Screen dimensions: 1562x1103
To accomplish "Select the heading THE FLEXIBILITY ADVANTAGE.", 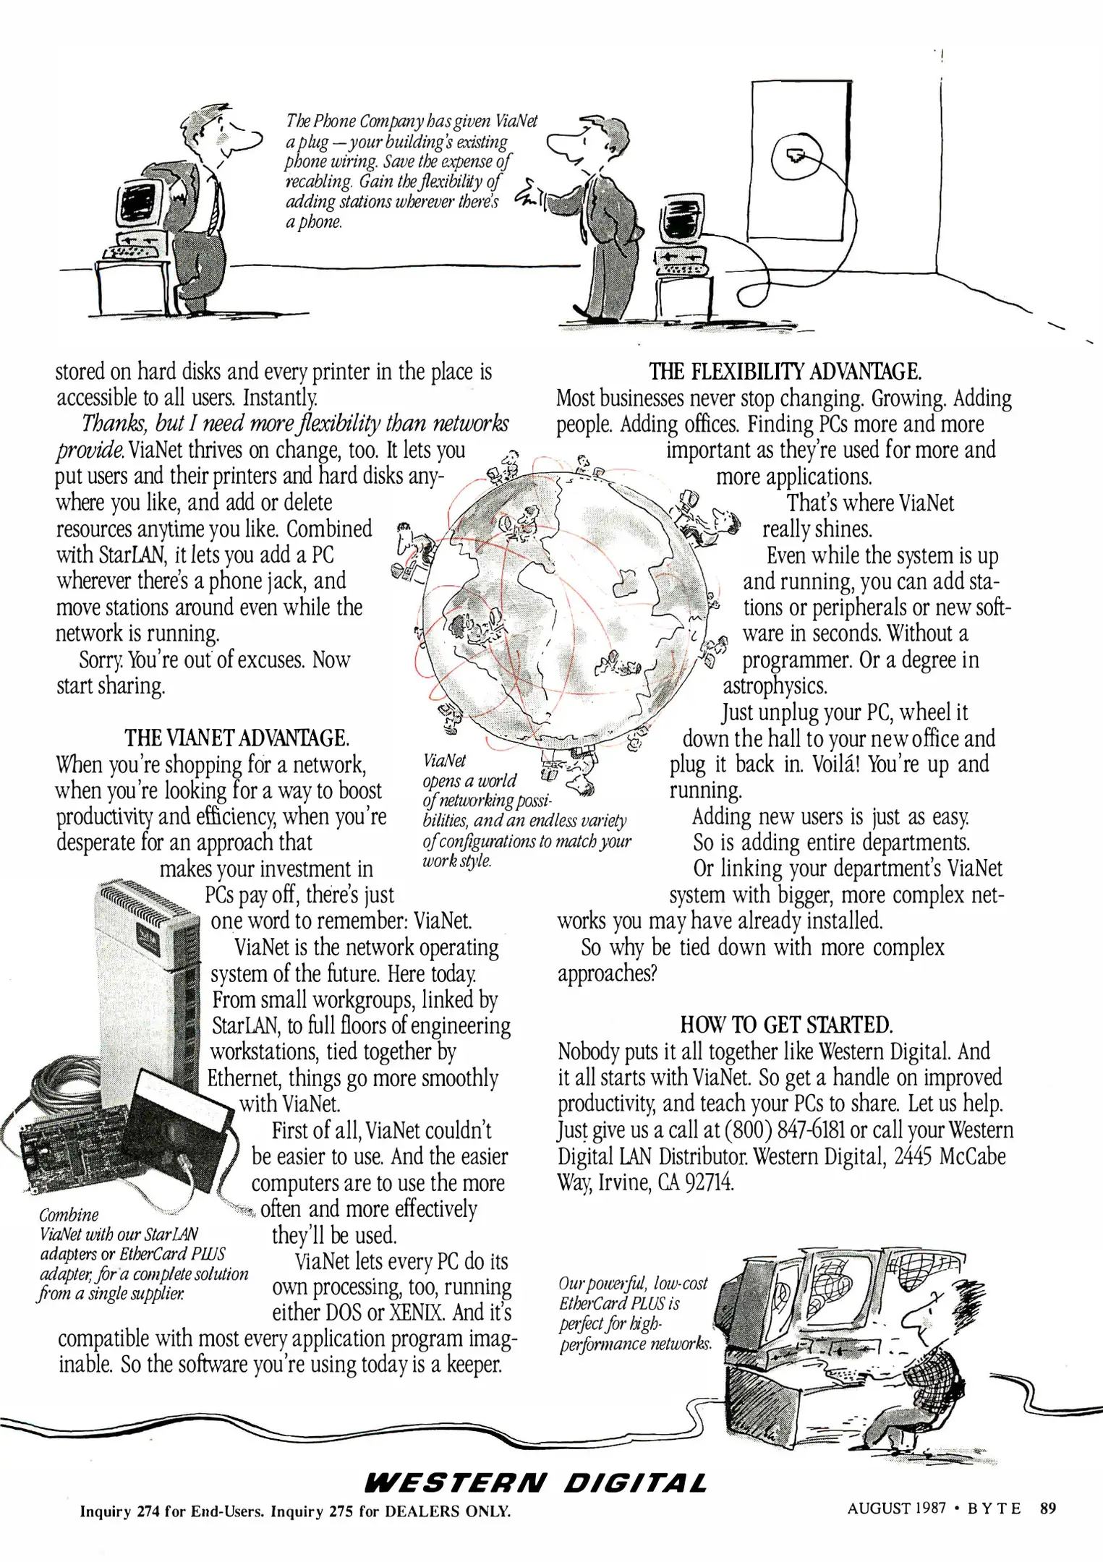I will click(x=785, y=372).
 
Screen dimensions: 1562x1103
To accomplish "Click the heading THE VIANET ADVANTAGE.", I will click(x=237, y=738).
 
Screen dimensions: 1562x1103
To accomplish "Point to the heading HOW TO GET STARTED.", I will click(x=786, y=1025).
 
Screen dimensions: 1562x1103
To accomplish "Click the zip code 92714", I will click(x=710, y=1183).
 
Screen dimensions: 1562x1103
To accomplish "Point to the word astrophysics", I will click(x=775, y=686).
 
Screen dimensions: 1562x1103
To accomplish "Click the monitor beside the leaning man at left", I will click(x=139, y=205).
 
